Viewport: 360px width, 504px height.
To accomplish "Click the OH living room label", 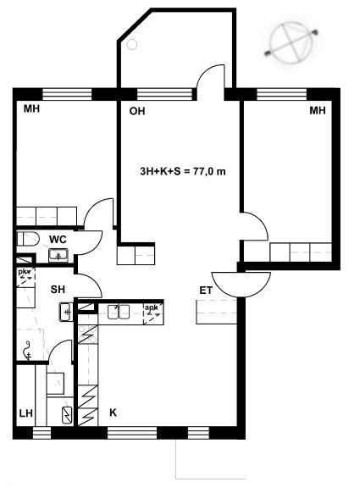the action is point(137,111).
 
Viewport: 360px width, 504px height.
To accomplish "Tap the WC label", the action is point(58,240).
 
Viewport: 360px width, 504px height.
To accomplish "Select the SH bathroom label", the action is point(58,290).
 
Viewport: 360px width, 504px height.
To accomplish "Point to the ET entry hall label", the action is point(206,291).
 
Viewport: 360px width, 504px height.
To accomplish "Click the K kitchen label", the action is point(113,413).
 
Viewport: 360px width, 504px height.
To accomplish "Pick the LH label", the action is point(26,413).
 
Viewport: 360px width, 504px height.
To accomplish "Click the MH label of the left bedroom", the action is point(32,109).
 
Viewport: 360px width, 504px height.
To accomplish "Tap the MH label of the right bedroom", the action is point(318,111).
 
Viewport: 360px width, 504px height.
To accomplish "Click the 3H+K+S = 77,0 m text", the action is point(183,171).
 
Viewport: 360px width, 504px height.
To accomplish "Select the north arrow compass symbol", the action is point(291,42).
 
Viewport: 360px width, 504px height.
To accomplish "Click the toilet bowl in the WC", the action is point(28,239).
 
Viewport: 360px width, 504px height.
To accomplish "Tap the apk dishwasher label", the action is point(151,307).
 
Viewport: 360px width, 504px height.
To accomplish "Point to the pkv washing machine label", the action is point(25,272).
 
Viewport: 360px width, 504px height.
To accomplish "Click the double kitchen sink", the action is point(119,312).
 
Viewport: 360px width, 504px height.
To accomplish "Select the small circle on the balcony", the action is point(132,45).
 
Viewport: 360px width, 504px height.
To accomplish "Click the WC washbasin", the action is point(58,256).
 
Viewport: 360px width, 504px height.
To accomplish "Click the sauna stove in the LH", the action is point(67,415).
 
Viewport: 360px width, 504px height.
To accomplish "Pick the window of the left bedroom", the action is point(67,95).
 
